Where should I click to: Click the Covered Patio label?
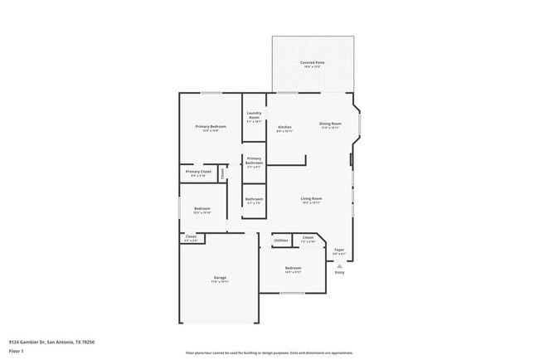click(x=313, y=62)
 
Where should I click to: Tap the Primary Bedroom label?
click(x=211, y=126)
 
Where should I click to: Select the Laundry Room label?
click(x=254, y=115)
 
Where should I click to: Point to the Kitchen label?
click(x=284, y=127)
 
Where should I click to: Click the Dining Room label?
click(x=330, y=124)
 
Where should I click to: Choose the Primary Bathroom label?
click(x=254, y=161)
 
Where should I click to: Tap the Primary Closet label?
click(x=199, y=172)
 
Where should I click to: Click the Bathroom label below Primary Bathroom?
click(x=254, y=199)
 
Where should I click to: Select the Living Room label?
click(x=311, y=198)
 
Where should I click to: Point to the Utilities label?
click(x=281, y=241)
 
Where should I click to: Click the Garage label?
click(x=220, y=278)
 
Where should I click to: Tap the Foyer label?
click(x=339, y=249)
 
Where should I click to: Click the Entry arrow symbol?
click(x=339, y=265)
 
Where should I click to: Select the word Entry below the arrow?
click(x=339, y=272)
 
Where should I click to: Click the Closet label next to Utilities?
click(x=308, y=238)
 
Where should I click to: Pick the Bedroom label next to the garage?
click(x=293, y=268)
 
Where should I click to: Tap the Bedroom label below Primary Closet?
click(x=202, y=208)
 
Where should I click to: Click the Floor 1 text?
click(x=17, y=351)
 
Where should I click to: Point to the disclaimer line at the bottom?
click(x=269, y=353)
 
